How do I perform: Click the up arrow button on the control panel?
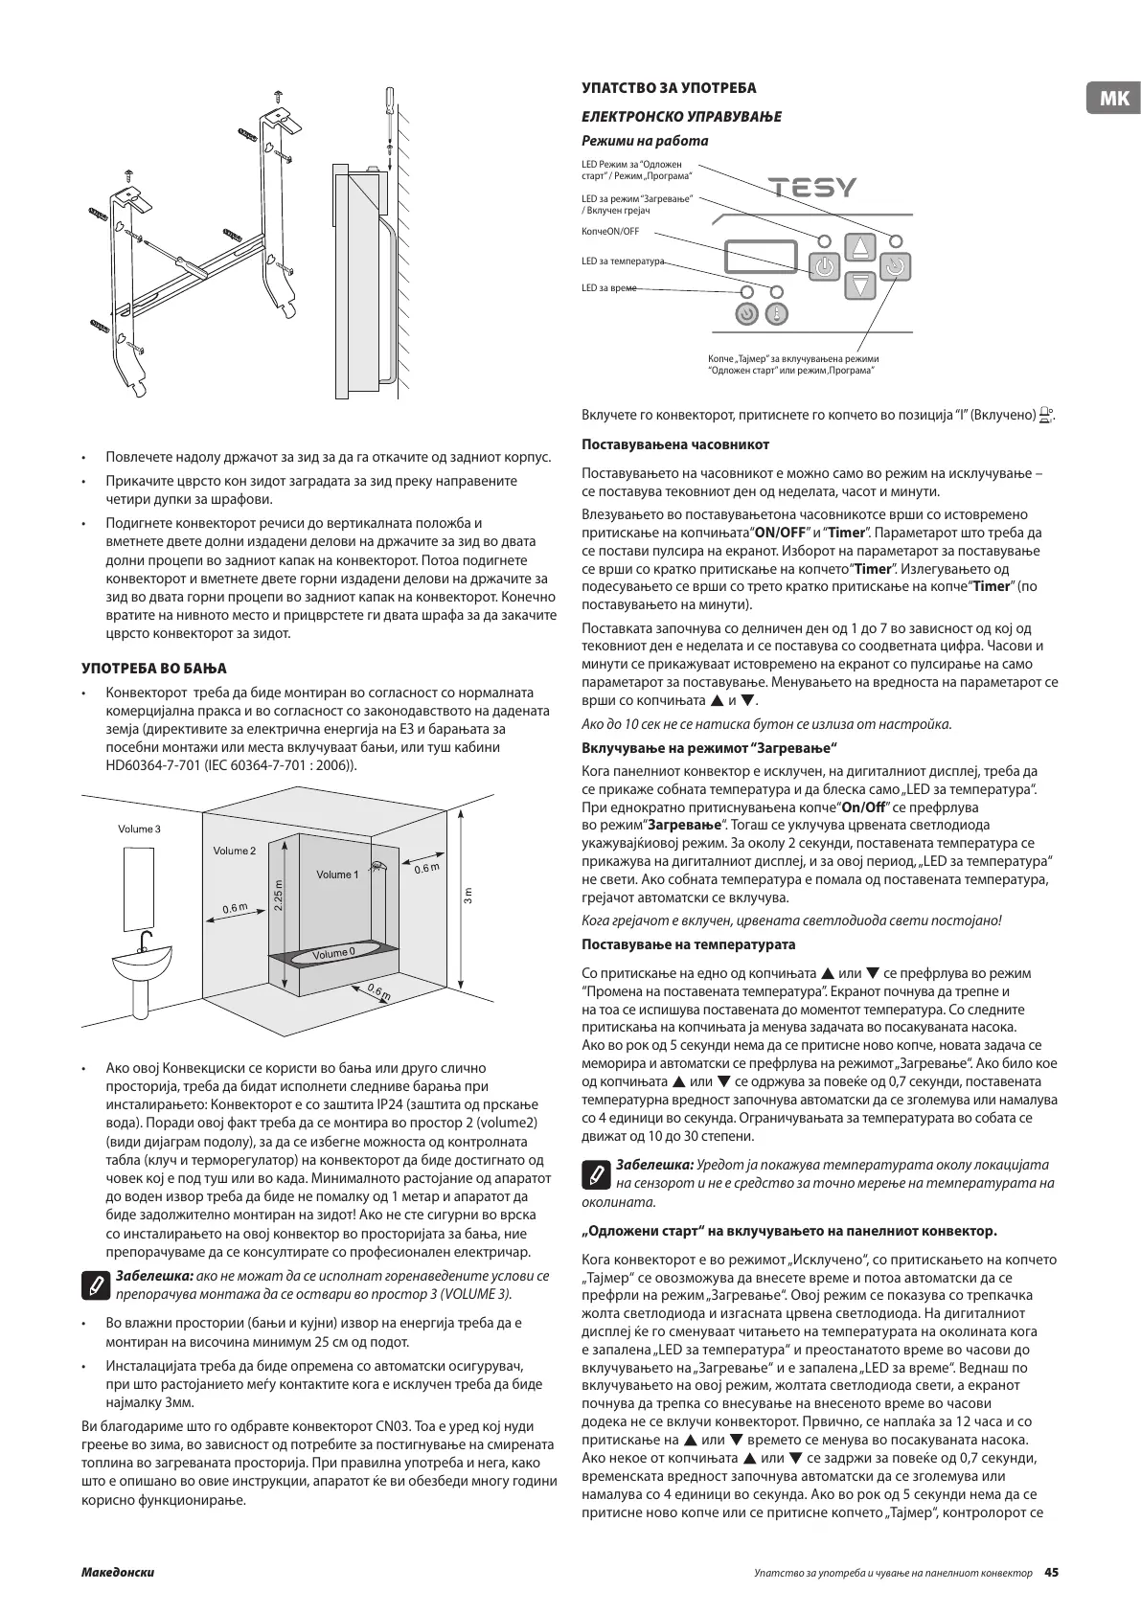(860, 247)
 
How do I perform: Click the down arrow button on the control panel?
(860, 284)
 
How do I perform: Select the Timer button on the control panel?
(895, 266)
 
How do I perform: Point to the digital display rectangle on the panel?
(762, 257)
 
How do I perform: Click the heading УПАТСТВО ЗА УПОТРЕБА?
(669, 88)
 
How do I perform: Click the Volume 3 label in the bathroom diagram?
(139, 829)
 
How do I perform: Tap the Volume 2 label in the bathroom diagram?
(235, 851)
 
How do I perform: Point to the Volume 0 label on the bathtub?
(332, 953)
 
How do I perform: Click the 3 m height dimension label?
(468, 896)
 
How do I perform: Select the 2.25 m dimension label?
(278, 897)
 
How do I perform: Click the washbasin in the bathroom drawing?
(144, 961)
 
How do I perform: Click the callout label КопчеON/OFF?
(610, 232)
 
